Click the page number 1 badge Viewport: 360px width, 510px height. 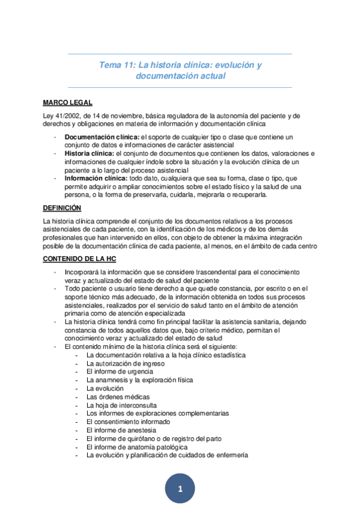pos(180,489)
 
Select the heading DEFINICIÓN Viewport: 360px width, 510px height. pos(62,207)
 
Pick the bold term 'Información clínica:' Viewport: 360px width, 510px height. pos(95,179)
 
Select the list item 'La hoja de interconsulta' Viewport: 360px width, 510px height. pos(121,405)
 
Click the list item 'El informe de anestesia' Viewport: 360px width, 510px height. pos(121,431)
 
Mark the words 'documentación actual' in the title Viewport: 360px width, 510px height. pos(180,76)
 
